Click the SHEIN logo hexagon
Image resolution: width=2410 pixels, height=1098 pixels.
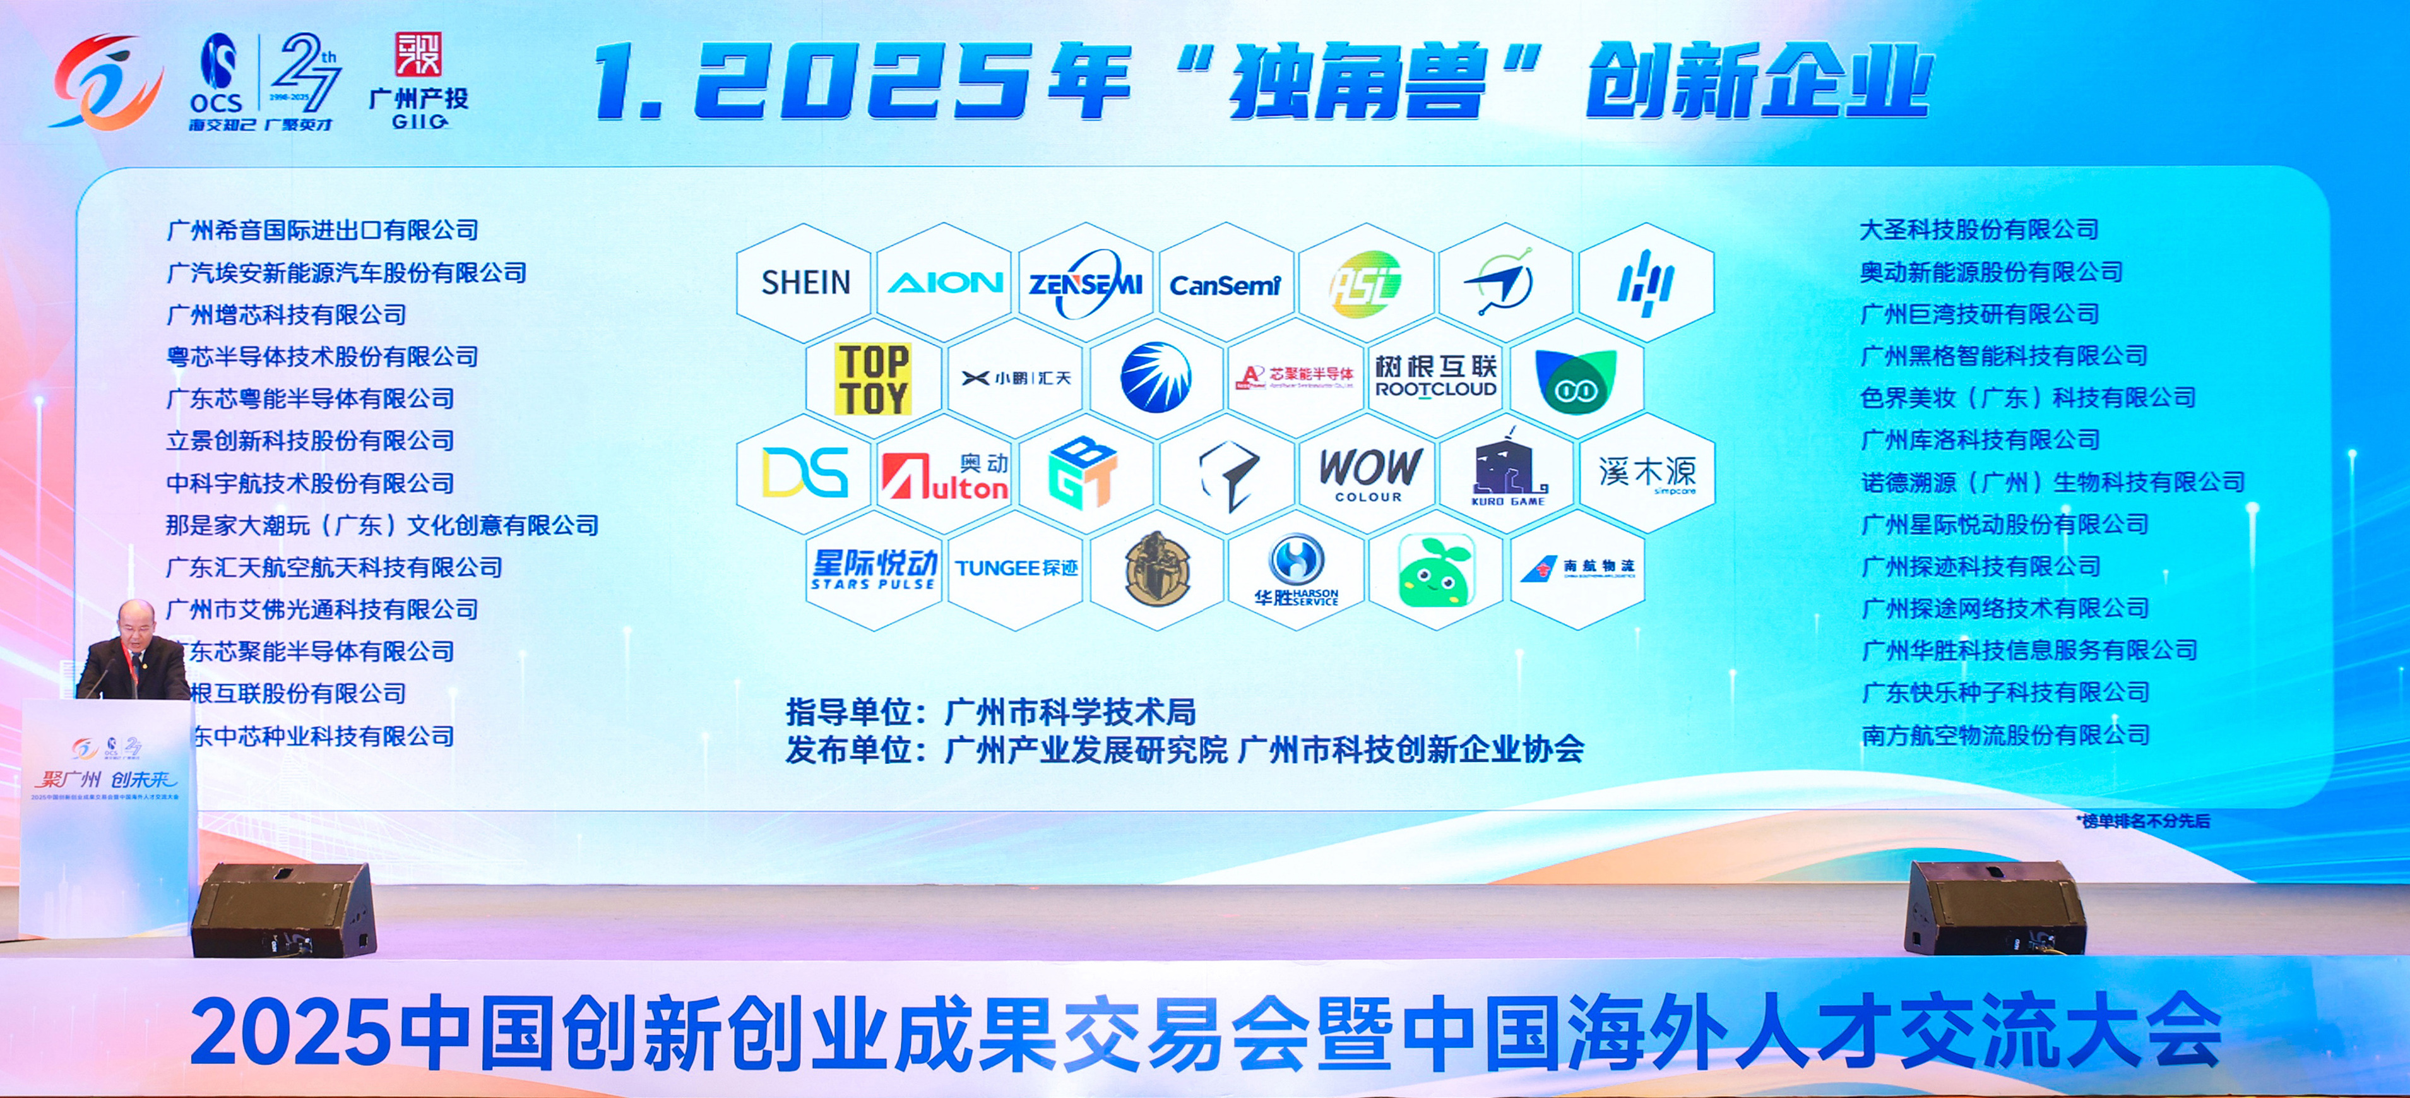point(805,282)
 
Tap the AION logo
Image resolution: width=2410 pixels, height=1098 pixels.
point(945,282)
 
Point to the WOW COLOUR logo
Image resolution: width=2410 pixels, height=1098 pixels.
point(1368,474)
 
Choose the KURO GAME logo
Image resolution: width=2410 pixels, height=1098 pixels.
point(1508,474)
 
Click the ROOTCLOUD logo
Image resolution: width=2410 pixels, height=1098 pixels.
point(1436,377)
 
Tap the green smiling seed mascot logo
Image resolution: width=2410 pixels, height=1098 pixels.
point(1435,570)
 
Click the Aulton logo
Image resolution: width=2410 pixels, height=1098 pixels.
point(945,475)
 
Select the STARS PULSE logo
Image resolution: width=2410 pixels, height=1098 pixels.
point(874,569)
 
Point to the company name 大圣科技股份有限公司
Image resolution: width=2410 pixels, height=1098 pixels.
point(1979,229)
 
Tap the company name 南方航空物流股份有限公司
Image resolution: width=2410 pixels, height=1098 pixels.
point(2005,735)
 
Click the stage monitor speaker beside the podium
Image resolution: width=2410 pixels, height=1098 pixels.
point(285,909)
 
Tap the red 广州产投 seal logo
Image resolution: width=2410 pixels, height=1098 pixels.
point(418,55)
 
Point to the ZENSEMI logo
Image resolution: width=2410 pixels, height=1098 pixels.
point(1085,282)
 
